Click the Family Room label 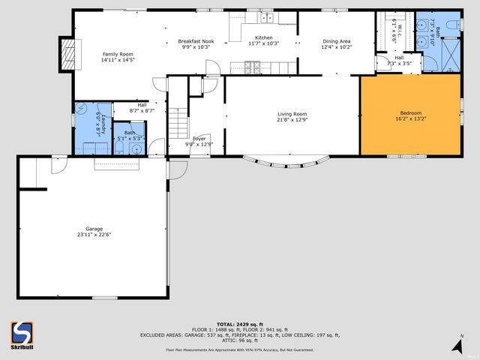coord(118,54)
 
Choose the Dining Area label coord(336,41)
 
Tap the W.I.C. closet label coord(399,30)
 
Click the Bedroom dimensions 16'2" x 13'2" coord(409,118)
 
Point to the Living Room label coord(292,113)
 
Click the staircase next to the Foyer coord(177,120)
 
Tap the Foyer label coord(199,139)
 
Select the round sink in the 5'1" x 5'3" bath coord(135,148)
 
